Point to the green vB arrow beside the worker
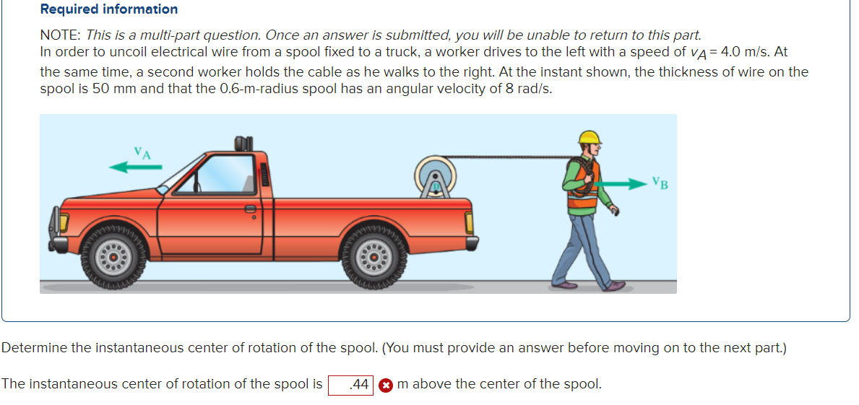(x=619, y=184)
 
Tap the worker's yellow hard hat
(x=590, y=137)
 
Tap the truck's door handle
(x=250, y=209)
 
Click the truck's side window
(x=225, y=173)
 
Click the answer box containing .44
(x=350, y=385)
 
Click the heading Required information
(x=109, y=9)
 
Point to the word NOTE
(x=60, y=35)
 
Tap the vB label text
(x=660, y=183)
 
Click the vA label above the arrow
(x=142, y=152)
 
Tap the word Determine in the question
(x=35, y=348)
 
